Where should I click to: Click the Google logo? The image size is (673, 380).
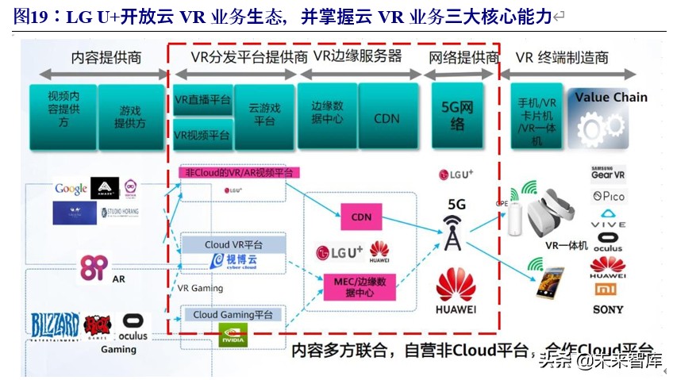pos(71,189)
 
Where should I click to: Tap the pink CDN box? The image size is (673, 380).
pos(361,216)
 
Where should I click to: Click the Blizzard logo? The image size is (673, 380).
pos(55,325)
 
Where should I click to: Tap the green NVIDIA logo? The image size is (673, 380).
pos(233,336)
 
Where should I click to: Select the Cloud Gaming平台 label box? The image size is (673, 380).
pos(232,314)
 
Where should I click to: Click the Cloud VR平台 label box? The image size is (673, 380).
pos(233,244)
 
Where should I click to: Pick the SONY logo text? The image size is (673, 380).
pos(609,309)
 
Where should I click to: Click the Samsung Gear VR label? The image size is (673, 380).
pos(608,171)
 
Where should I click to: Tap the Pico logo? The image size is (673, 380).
pos(608,196)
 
